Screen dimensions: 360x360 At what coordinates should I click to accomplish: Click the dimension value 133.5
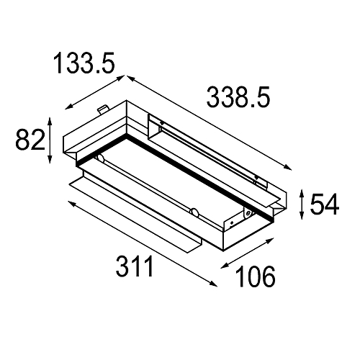pyautogui.click(x=84, y=65)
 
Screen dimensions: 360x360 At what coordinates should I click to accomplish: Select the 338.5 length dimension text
pyautogui.click(x=238, y=96)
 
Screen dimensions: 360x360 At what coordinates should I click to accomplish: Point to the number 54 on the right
pyautogui.click(x=325, y=205)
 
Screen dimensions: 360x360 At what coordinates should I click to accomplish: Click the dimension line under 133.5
pyautogui.click(x=94, y=92)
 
